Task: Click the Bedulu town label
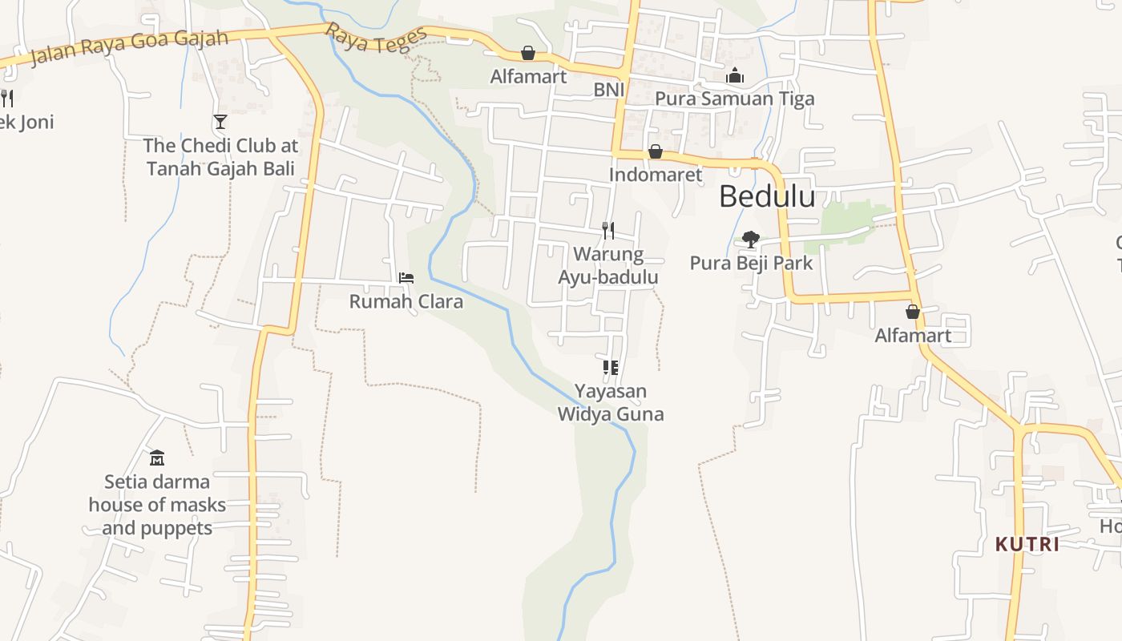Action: (767, 197)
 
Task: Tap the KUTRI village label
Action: (1027, 544)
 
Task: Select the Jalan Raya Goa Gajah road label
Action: (128, 48)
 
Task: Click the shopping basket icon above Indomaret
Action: (656, 151)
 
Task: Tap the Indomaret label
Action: (655, 175)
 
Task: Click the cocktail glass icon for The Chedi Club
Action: (220, 122)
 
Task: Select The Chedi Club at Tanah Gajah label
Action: (220, 157)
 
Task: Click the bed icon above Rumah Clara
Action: (406, 278)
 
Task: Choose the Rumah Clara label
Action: (406, 302)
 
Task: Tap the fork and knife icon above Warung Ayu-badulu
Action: (608, 231)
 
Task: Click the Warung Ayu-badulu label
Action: (608, 266)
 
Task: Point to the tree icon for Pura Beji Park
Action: (751, 239)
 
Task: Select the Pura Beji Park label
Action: (751, 263)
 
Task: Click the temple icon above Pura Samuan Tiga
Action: (735, 76)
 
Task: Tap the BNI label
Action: (608, 90)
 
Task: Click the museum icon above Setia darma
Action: (157, 458)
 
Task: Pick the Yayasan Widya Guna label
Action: (611, 403)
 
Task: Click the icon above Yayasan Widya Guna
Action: (611, 368)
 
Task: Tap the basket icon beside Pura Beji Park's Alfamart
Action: (912, 312)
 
